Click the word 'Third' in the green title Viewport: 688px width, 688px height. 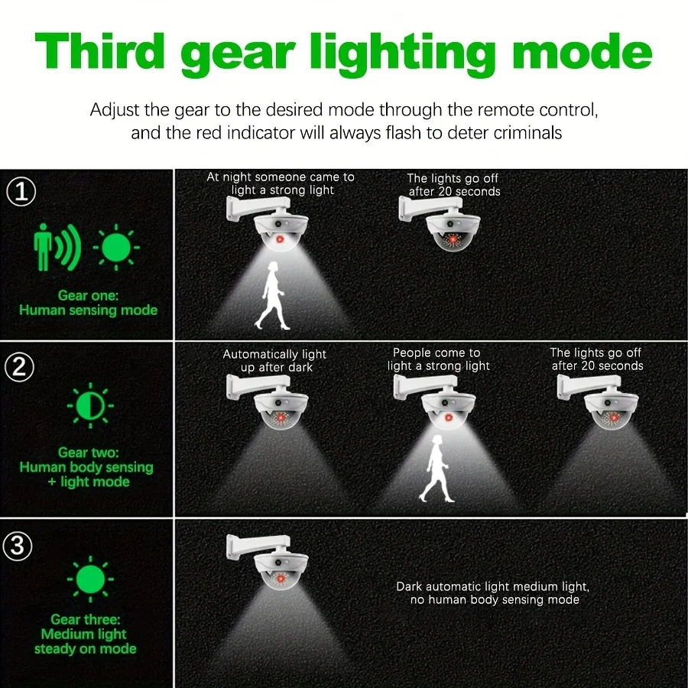(x=100, y=51)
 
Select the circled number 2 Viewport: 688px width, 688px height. (x=20, y=368)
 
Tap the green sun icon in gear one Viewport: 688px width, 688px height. (x=116, y=247)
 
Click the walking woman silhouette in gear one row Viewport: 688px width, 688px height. (x=271, y=295)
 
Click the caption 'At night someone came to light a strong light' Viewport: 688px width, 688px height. (x=281, y=183)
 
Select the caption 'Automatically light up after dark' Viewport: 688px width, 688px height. (x=274, y=361)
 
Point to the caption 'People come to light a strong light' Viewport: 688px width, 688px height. (x=437, y=359)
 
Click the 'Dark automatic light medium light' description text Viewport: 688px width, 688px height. (x=492, y=593)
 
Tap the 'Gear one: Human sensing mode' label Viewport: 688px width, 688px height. (x=88, y=303)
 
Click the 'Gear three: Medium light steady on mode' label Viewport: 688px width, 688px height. (x=86, y=634)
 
